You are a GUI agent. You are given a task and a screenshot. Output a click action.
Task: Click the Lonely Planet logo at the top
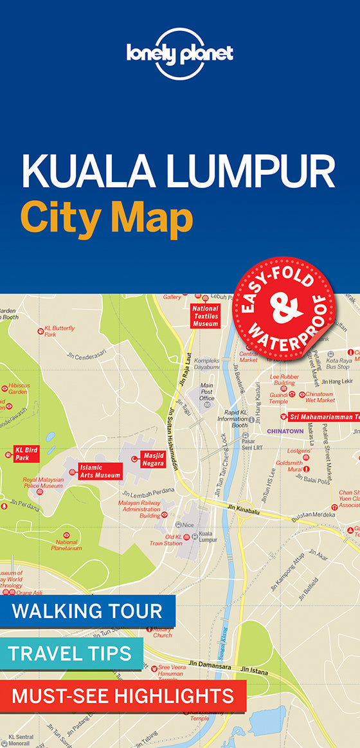pos(179,53)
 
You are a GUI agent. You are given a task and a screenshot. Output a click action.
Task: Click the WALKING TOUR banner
pos(87,611)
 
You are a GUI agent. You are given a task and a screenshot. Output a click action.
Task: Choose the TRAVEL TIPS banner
pos(70,654)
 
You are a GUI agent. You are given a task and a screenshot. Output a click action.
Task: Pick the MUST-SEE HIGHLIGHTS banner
pos(123,695)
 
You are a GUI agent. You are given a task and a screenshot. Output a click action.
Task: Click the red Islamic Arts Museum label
pos(100,471)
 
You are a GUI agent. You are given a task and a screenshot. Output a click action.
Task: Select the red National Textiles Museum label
pos(205,316)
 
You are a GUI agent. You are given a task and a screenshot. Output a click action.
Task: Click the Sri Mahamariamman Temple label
pos(324,417)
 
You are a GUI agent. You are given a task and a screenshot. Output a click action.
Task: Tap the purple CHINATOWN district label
pos(285,431)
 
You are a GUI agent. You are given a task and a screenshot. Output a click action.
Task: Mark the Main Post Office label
pos(207,392)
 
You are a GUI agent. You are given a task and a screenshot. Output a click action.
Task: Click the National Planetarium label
pos(66,544)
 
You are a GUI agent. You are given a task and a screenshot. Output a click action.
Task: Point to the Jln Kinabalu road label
pos(242,508)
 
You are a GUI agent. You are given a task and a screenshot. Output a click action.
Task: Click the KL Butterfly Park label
pos(60,331)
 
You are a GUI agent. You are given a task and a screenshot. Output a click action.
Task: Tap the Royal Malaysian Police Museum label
pos(43,482)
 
